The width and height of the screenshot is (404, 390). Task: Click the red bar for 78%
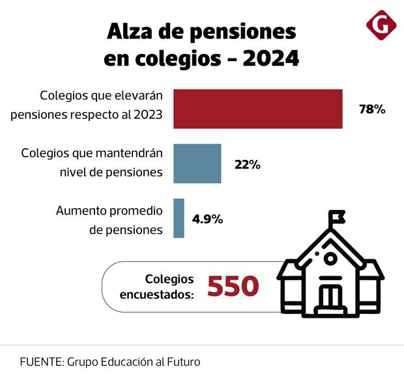tap(258, 109)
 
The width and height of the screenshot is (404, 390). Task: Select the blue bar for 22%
tap(197, 163)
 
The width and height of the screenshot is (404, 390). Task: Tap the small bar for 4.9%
tap(179, 218)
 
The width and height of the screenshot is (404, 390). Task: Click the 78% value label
tap(372, 109)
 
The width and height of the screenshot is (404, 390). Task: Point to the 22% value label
tap(248, 164)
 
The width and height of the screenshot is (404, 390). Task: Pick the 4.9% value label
tap(208, 219)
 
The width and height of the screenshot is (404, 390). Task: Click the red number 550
tap(233, 287)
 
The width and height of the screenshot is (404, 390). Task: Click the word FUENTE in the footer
tap(40, 362)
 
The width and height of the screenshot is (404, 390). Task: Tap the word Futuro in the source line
tap(182, 362)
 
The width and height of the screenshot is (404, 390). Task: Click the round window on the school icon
tap(330, 259)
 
